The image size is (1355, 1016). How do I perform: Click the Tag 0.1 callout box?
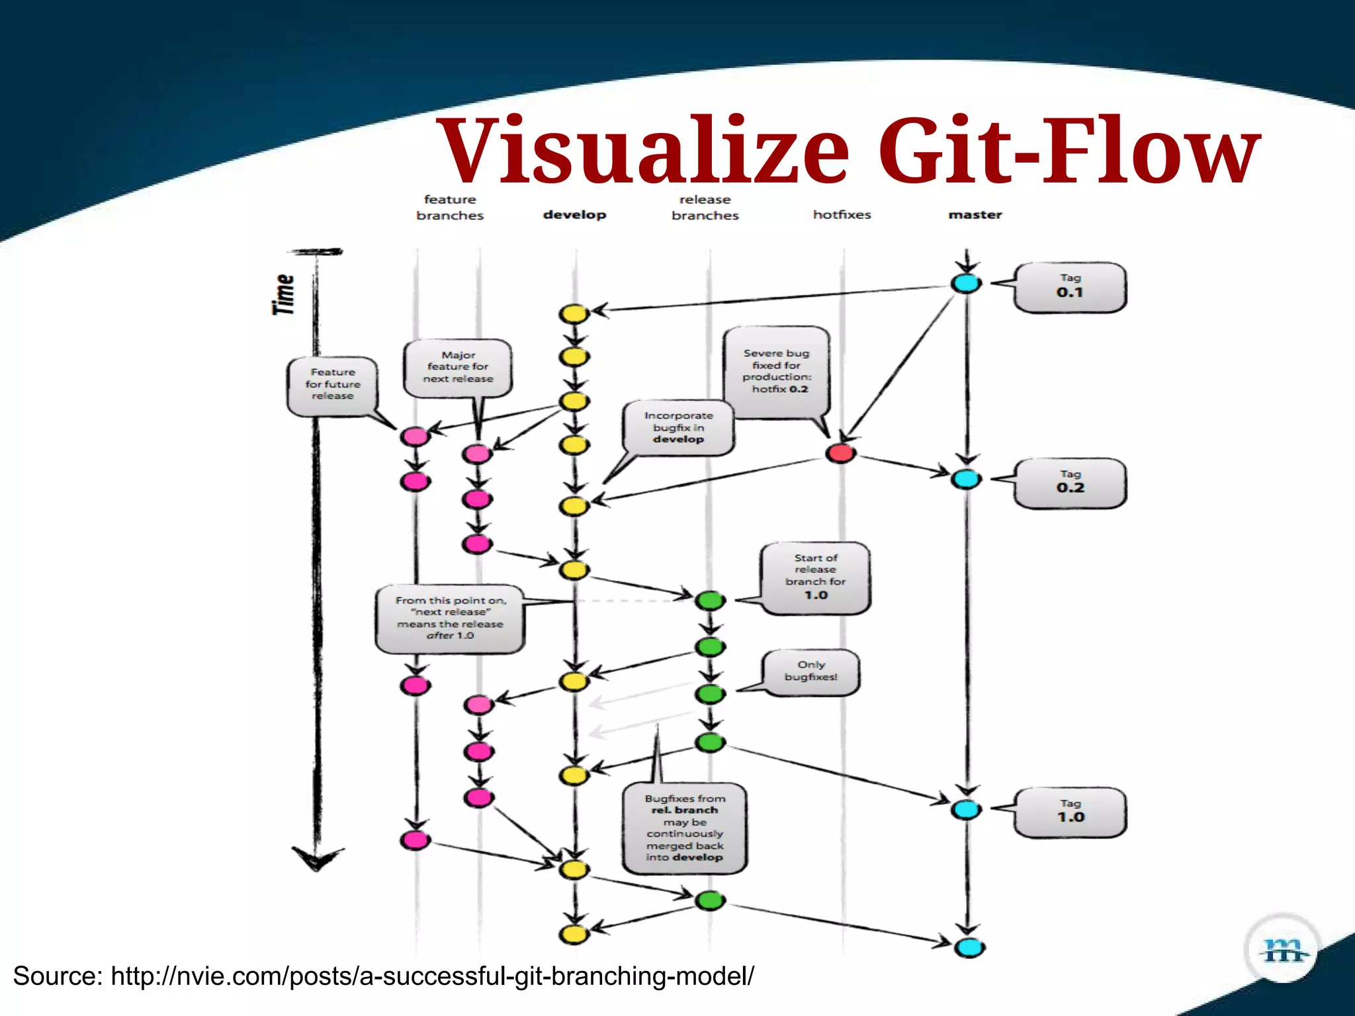click(x=1070, y=287)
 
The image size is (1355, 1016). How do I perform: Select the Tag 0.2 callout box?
click(x=1070, y=483)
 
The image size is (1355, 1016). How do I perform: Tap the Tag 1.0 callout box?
click(x=1070, y=812)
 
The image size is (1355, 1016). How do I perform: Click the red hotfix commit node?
click(x=840, y=453)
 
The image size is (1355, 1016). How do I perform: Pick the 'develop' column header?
click(x=574, y=214)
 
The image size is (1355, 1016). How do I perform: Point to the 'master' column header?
click(x=975, y=214)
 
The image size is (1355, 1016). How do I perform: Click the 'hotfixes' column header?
click(x=842, y=214)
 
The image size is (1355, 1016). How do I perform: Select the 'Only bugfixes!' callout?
click(x=810, y=671)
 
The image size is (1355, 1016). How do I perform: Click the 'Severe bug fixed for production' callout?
click(x=776, y=372)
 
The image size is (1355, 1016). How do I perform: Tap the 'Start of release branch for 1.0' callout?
click(x=815, y=577)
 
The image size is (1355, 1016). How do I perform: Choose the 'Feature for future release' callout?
click(x=332, y=385)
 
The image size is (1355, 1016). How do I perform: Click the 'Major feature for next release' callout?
click(x=458, y=368)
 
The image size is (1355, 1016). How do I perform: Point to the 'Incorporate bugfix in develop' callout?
click(x=678, y=428)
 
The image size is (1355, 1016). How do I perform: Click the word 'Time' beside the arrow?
click(x=284, y=294)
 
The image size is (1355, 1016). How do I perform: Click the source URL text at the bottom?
click(x=383, y=976)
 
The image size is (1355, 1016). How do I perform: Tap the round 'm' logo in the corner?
click(x=1282, y=950)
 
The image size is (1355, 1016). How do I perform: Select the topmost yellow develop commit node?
click(x=574, y=314)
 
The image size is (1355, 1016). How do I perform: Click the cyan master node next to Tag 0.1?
click(x=966, y=283)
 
